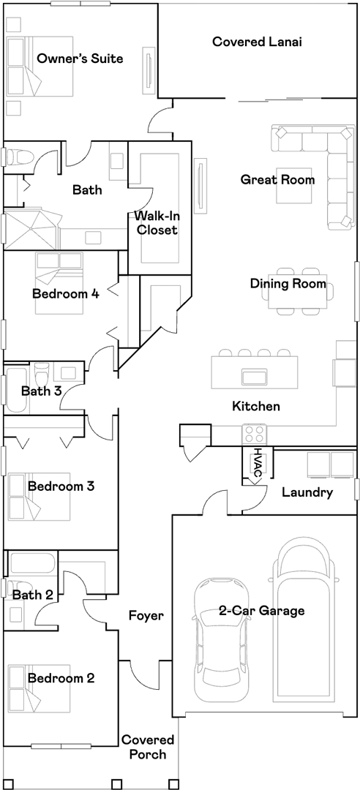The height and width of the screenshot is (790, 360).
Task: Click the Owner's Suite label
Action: coord(80,59)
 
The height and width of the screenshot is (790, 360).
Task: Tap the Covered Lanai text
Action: coord(257,41)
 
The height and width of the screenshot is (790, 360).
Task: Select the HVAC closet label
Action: coord(258,463)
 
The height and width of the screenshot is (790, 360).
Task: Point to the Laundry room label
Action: coord(307,492)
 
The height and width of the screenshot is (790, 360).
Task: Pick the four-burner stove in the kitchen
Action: coord(255,433)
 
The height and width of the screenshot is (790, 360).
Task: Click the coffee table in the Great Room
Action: coord(295,185)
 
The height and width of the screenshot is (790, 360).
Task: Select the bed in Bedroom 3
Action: coord(38,496)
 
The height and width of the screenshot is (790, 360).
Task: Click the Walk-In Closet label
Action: coord(156,223)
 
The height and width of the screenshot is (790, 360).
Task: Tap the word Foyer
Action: coord(146,615)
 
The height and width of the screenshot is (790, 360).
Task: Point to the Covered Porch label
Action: coord(148,747)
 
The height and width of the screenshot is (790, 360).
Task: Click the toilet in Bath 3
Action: coord(42,375)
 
